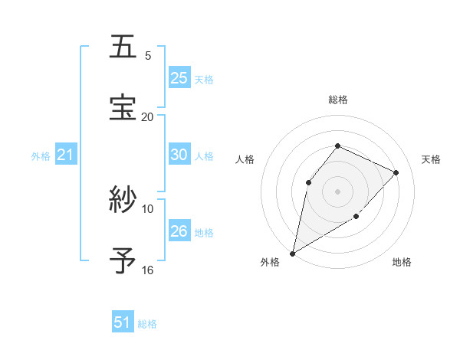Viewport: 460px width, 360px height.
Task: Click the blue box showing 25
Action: pos(179,78)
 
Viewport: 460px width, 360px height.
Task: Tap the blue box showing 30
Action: pos(179,155)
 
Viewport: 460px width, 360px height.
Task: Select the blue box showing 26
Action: pos(179,231)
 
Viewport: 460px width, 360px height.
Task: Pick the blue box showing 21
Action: pos(66,155)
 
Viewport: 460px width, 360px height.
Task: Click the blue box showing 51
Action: pos(123,322)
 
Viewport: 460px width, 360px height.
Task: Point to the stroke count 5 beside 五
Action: pos(148,56)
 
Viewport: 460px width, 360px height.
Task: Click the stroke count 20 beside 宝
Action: pos(148,116)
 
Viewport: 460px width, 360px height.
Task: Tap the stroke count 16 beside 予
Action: pos(148,270)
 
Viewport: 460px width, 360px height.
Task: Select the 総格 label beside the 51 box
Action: pos(147,324)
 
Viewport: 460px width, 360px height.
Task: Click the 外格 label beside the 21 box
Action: pos(41,156)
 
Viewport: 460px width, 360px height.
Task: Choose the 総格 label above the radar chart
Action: pos(338,100)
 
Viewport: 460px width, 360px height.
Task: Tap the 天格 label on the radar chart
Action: pos(431,159)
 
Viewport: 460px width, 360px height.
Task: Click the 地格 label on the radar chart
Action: pos(402,263)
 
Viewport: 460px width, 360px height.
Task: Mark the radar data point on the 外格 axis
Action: pos(292,254)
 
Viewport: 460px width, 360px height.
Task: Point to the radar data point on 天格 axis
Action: pos(396,172)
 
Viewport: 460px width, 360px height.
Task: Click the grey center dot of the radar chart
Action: pos(338,191)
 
